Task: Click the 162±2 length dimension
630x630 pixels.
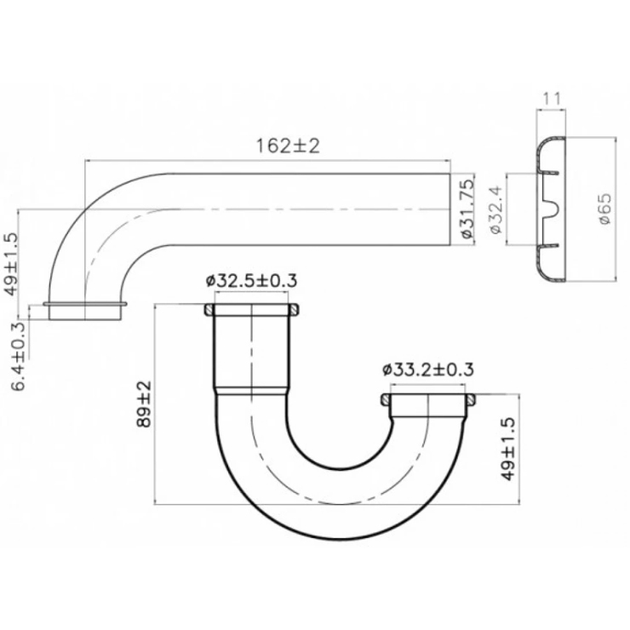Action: [288, 146]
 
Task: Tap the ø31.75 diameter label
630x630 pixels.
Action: [467, 209]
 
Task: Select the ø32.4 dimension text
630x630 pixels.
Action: [496, 209]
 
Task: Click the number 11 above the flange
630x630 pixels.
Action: [552, 99]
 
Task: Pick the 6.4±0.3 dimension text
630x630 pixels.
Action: [19, 357]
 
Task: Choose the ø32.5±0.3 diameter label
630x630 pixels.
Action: [251, 280]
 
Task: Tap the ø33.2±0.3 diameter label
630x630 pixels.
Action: [428, 369]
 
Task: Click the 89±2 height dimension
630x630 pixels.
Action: [144, 404]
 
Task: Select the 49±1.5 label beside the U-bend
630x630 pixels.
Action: [508, 449]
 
